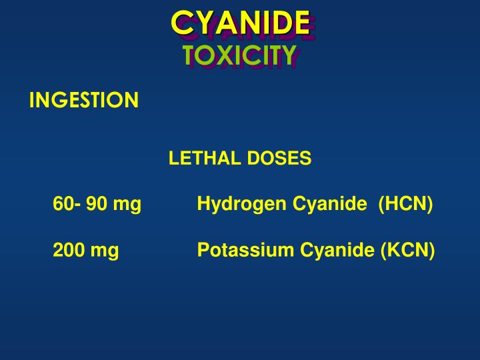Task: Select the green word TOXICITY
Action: click(x=239, y=56)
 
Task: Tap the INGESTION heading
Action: click(x=84, y=100)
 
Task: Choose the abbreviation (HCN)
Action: click(x=405, y=204)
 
